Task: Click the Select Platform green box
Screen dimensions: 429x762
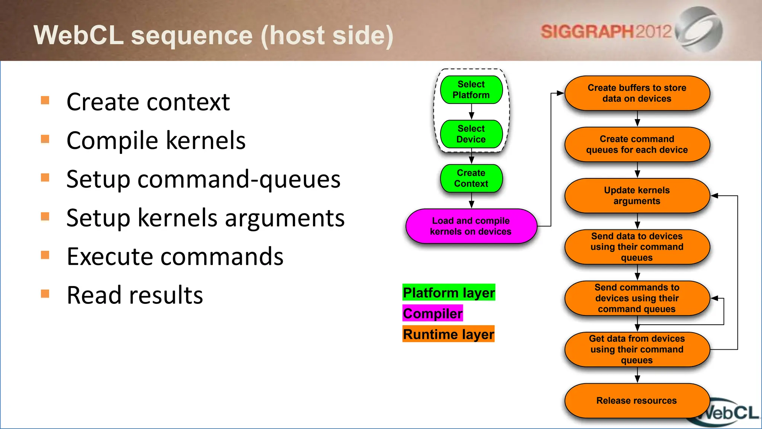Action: point(471,90)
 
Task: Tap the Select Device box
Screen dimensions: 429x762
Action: point(471,134)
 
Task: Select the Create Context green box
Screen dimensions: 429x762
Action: point(471,178)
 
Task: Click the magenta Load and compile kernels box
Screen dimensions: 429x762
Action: point(471,226)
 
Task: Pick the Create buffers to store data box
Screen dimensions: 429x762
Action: point(637,93)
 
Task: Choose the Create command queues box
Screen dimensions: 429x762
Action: point(637,144)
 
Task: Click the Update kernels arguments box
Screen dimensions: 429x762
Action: point(637,196)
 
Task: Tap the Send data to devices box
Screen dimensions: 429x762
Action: point(637,247)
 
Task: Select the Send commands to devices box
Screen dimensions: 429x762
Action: point(637,298)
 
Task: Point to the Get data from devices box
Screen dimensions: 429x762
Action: point(637,349)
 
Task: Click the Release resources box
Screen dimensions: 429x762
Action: point(637,401)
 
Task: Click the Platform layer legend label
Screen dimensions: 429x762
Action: point(449,293)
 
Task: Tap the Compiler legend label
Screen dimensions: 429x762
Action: point(433,314)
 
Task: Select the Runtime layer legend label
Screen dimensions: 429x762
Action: point(448,334)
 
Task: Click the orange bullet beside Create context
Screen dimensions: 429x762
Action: point(45,100)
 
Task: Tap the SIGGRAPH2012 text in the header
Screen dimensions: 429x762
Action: point(606,32)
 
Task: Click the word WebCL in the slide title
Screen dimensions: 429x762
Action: point(78,35)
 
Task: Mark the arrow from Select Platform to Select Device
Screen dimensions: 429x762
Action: point(471,112)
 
